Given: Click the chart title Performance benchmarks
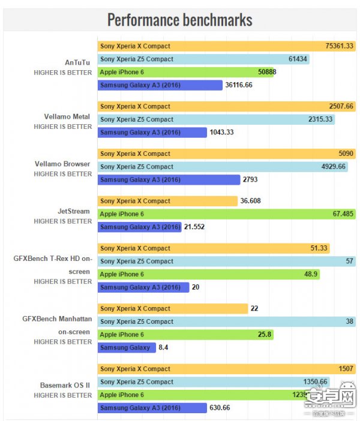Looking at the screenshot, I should pos(180,20).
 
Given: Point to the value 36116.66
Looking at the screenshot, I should pos(239,85).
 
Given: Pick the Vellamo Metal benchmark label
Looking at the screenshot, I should pos(67,116).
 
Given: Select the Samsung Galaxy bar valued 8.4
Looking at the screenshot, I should pos(126,347).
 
